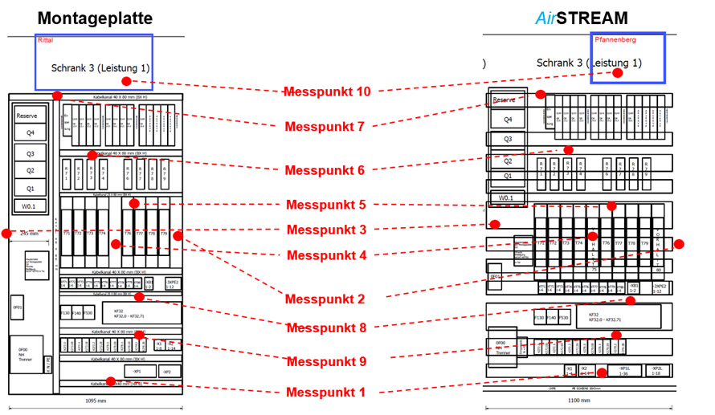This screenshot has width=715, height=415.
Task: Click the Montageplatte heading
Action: [x=95, y=18]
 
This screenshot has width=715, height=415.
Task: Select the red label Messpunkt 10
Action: [x=327, y=92]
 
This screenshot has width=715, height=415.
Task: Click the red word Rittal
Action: [x=46, y=39]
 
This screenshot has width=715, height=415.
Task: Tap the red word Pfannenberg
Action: [x=615, y=39]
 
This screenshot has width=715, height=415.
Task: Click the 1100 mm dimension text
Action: [x=578, y=401]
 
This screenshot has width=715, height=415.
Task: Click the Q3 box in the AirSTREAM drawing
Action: [x=507, y=139]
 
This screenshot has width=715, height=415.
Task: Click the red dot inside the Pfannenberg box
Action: [x=617, y=72]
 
